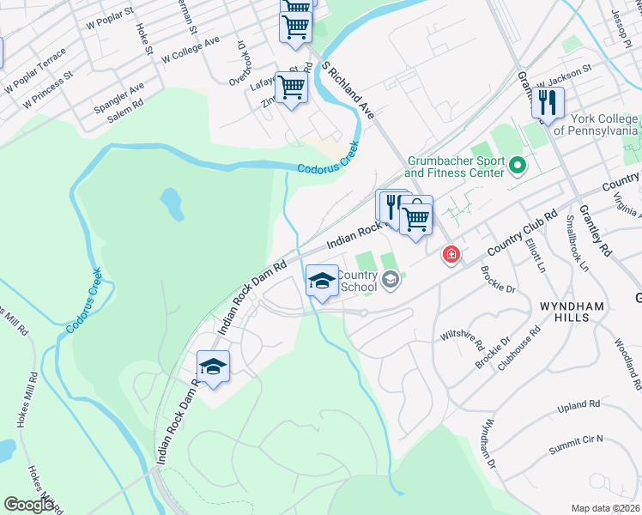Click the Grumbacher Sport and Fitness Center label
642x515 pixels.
453,167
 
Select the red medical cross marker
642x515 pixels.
451,255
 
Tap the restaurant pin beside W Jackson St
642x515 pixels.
547,104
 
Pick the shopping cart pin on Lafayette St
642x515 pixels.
291,87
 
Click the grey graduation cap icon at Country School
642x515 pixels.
391,280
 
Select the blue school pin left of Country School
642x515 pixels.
322,281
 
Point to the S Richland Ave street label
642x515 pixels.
348,89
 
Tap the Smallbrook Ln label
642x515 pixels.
577,243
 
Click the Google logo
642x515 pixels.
27,505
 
